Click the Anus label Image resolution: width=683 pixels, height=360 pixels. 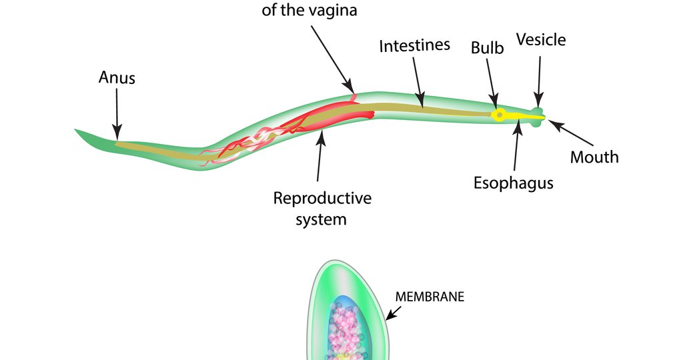coord(117,78)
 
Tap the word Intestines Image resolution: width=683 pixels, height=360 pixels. coord(414,46)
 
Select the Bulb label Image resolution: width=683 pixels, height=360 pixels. coord(487,47)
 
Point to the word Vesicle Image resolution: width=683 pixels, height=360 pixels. coord(540,40)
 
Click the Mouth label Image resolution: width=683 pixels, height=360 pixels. coord(594,157)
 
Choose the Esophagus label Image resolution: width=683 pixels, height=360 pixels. coord(513,183)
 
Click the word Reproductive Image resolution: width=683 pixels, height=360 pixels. coord(322,198)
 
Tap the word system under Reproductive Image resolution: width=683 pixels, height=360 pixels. coord(321,219)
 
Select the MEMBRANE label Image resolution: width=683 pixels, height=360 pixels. coord(430,297)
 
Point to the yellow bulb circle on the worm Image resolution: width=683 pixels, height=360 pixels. coord(498,115)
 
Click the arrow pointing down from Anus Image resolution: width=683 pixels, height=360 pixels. coord(117,113)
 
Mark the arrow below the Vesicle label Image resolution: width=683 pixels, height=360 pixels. coord(539,80)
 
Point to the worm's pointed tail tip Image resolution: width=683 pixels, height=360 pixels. coord(77,130)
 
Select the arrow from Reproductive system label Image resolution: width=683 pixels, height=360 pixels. coord(320,157)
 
